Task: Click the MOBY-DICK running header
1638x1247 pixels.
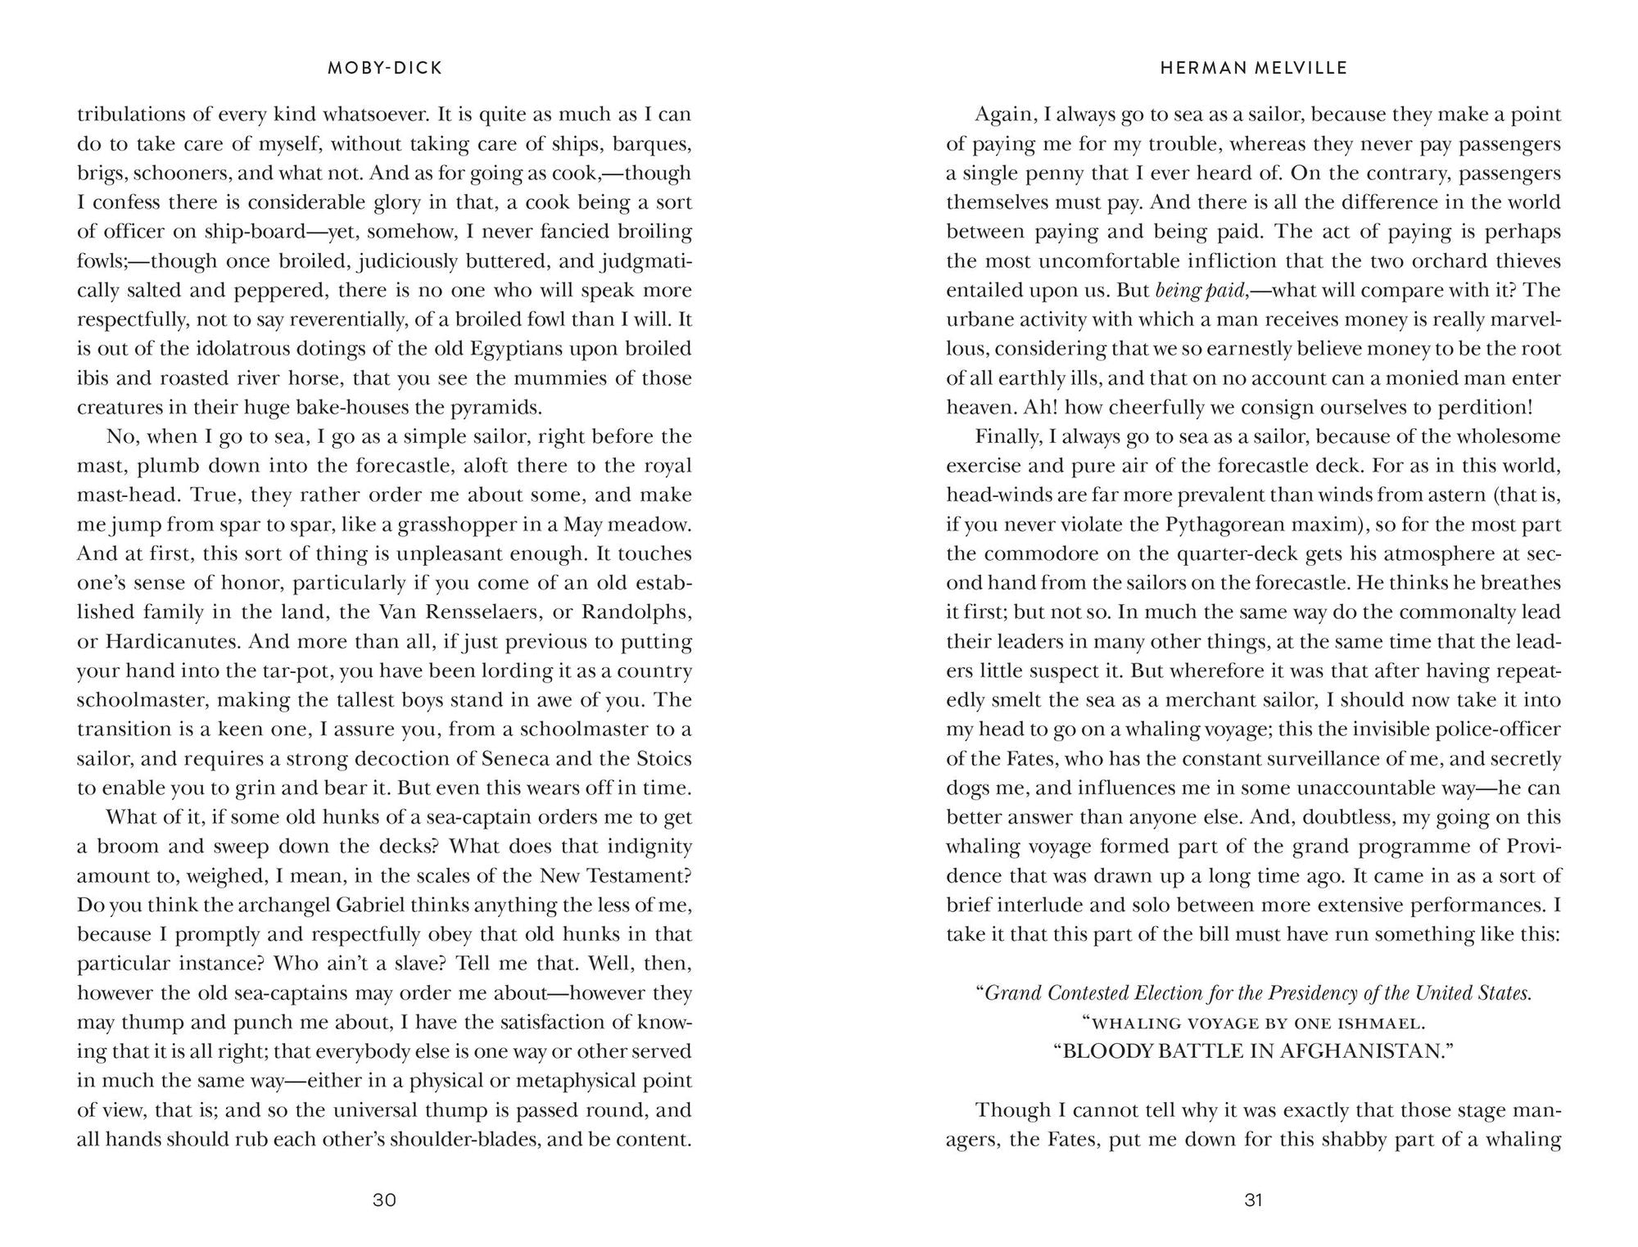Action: [384, 69]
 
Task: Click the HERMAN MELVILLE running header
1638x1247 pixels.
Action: [1254, 69]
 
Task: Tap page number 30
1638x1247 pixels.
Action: [384, 1200]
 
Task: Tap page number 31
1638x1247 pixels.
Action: [1254, 1200]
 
